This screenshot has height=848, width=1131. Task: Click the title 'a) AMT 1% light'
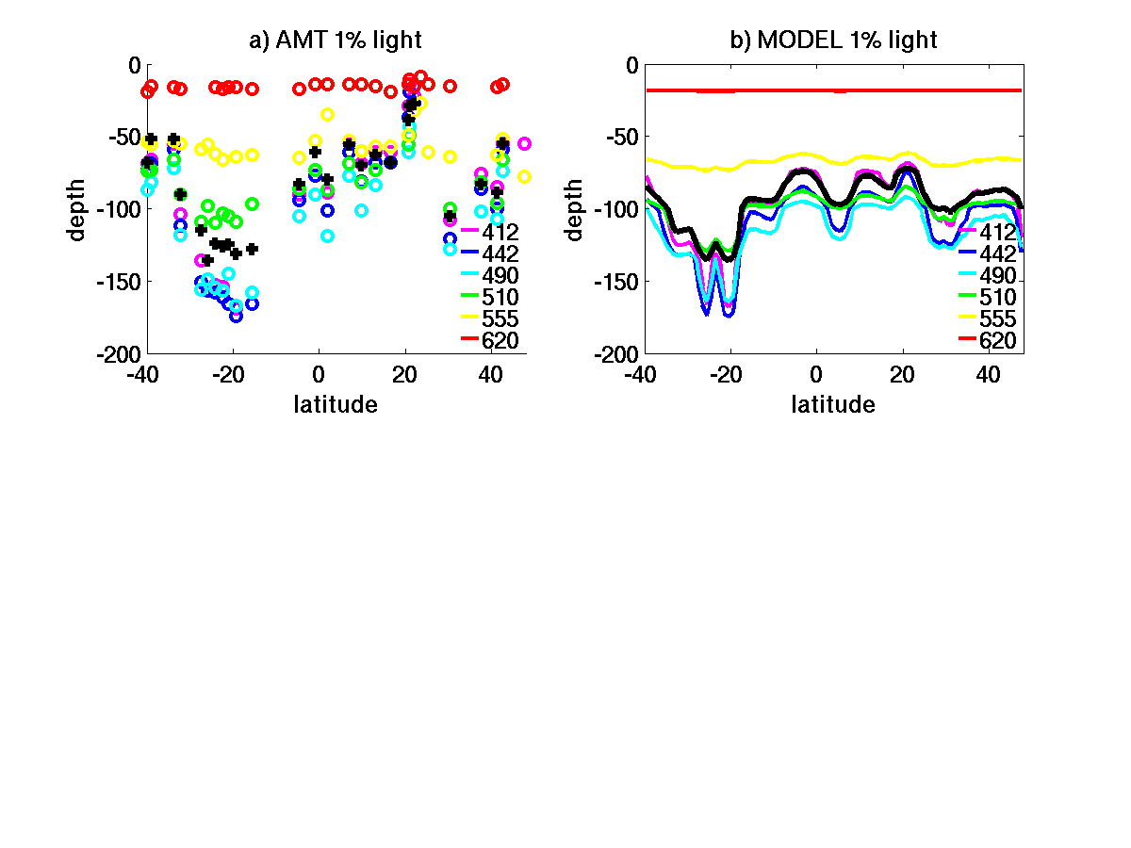335,41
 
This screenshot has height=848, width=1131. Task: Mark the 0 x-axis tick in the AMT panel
318,374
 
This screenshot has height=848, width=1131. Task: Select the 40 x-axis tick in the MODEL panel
989,374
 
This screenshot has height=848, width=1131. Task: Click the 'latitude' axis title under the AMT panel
336,405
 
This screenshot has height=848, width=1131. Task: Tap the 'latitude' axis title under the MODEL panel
833,405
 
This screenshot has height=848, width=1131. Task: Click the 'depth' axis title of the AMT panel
77,209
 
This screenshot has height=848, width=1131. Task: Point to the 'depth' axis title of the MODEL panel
575,209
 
